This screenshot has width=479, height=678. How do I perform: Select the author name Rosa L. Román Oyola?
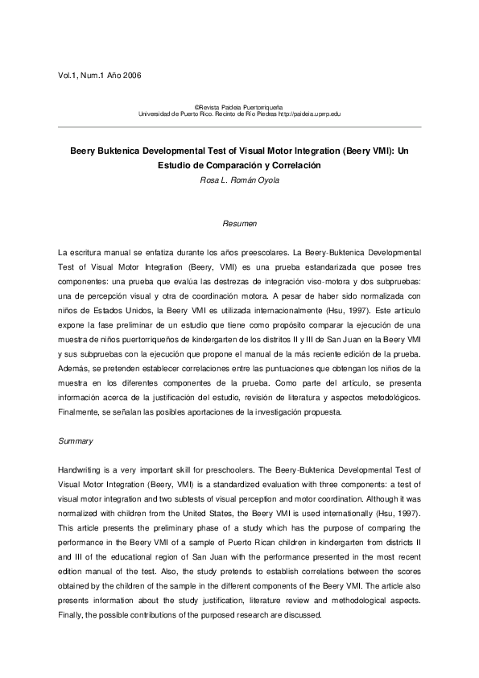(x=239, y=180)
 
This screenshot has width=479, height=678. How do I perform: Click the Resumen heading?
(x=239, y=221)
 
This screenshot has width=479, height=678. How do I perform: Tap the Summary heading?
(x=76, y=441)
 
